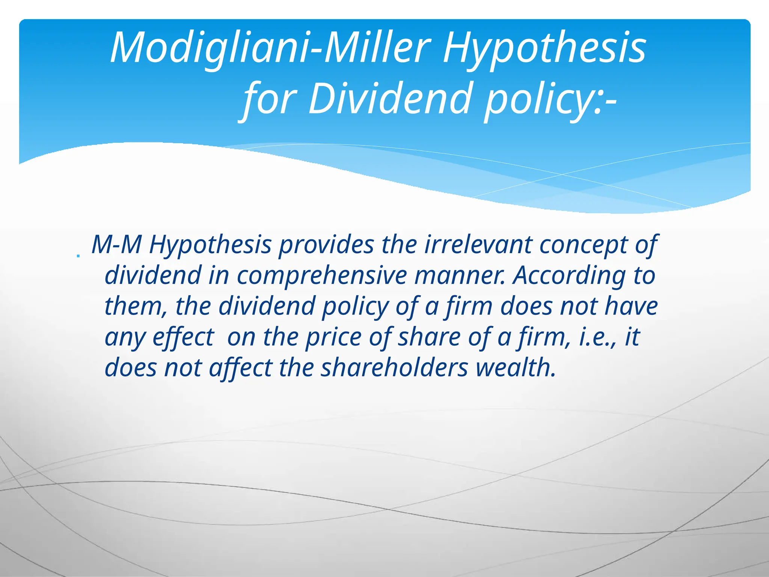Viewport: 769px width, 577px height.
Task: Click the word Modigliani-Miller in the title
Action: point(270,48)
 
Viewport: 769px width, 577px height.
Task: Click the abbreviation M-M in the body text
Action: point(116,245)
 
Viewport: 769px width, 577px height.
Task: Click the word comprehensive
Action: point(321,276)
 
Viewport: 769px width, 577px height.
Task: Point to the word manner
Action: point(460,276)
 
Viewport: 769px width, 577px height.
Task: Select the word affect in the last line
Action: point(240,367)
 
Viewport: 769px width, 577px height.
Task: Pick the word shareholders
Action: point(394,367)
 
